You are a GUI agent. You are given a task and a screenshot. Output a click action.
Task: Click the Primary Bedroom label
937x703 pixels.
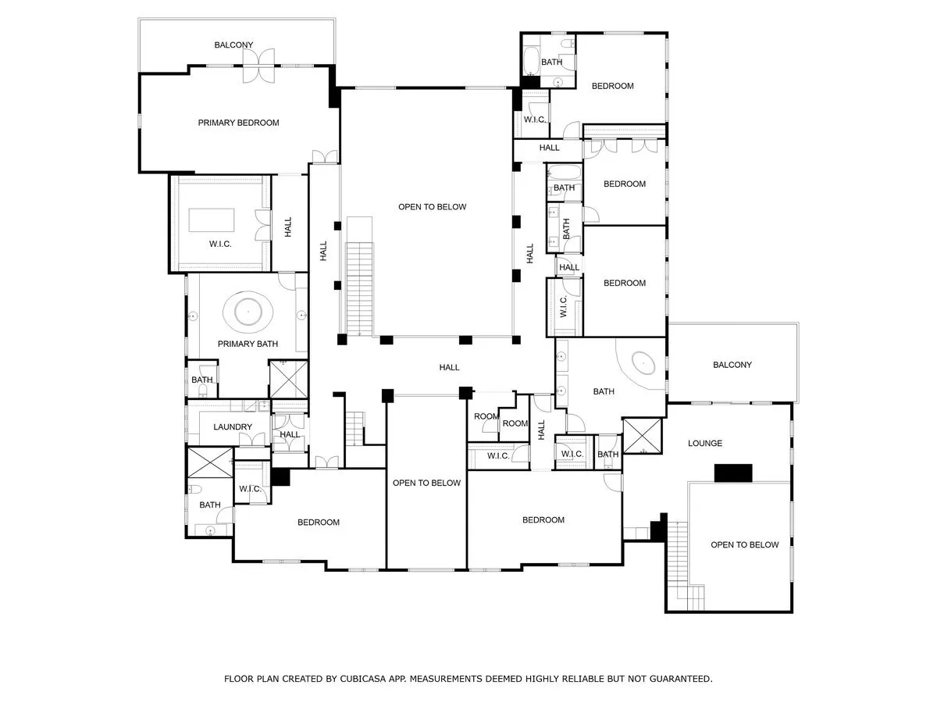(238, 123)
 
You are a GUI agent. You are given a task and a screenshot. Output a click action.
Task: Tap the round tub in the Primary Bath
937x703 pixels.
(248, 312)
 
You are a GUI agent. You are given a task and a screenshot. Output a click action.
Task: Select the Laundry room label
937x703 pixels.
(233, 426)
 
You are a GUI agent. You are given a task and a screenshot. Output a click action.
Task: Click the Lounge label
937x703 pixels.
(705, 444)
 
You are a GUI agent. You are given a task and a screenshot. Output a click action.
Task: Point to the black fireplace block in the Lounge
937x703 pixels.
(733, 473)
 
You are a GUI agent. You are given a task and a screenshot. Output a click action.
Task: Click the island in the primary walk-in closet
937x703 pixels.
(212, 220)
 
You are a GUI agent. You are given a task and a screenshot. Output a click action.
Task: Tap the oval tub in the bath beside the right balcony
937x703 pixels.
(643, 362)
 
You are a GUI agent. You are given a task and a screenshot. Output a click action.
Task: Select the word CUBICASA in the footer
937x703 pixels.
(363, 679)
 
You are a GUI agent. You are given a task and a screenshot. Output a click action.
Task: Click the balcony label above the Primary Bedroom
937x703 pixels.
(233, 45)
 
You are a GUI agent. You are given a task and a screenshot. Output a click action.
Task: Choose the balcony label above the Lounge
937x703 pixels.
(732, 365)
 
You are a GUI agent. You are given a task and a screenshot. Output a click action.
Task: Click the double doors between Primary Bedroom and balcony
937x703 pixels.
(258, 66)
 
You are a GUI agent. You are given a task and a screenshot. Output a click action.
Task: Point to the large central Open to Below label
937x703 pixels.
(432, 207)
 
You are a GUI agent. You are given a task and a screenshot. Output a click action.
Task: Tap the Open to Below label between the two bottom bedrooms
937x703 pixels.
(426, 483)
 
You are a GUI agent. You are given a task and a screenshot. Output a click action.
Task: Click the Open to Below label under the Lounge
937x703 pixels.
(744, 544)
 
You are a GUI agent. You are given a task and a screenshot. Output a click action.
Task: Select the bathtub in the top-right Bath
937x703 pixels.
(532, 61)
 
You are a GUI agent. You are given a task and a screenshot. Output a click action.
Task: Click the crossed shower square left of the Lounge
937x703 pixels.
(642, 435)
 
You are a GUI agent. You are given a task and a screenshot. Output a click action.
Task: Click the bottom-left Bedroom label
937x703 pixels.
(319, 522)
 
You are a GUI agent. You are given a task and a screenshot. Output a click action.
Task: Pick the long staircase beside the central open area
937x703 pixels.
(360, 289)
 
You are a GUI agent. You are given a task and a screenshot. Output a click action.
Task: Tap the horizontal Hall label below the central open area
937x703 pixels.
(449, 367)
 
